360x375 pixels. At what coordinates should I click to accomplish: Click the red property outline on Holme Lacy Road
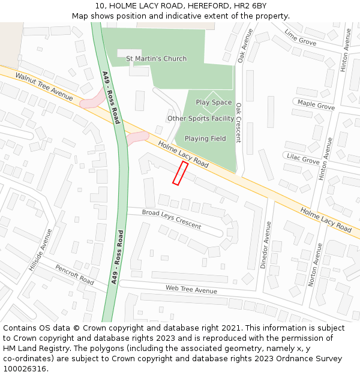[x=180, y=173]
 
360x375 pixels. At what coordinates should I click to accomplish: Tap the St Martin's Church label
[x=156, y=59]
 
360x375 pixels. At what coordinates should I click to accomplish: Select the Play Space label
[x=214, y=103]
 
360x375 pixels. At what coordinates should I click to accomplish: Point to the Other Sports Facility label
[x=200, y=119]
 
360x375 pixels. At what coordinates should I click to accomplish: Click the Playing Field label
[x=205, y=139]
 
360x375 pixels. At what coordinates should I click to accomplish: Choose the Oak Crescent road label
[x=238, y=122]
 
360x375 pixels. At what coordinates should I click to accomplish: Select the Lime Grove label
[x=300, y=37]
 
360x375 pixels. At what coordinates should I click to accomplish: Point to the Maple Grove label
[x=316, y=105]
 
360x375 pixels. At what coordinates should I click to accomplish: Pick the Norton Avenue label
[x=313, y=264]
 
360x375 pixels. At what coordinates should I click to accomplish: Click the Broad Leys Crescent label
[x=172, y=219]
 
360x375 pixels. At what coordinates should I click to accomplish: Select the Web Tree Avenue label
[x=191, y=290]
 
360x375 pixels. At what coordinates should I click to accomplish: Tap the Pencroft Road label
[x=74, y=275]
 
